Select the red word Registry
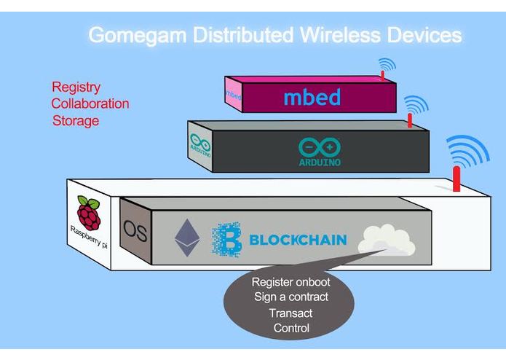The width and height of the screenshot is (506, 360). (76, 87)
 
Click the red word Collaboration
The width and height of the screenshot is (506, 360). (90, 103)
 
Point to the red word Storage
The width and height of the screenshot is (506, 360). (75, 120)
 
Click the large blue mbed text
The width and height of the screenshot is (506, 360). (312, 97)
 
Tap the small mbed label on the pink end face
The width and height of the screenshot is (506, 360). (234, 95)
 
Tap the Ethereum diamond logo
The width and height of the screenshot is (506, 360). (186, 238)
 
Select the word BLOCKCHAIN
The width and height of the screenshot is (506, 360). (297, 239)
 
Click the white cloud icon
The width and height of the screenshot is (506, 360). (386, 240)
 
